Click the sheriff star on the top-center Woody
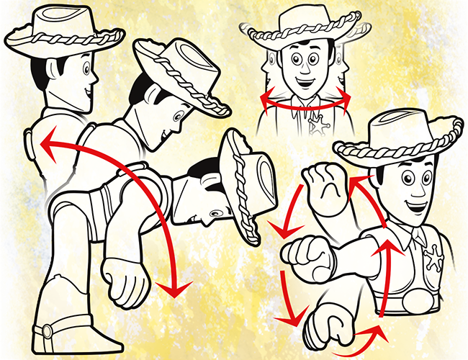(316, 126)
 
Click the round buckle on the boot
(48, 330)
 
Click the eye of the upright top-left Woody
(86, 70)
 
